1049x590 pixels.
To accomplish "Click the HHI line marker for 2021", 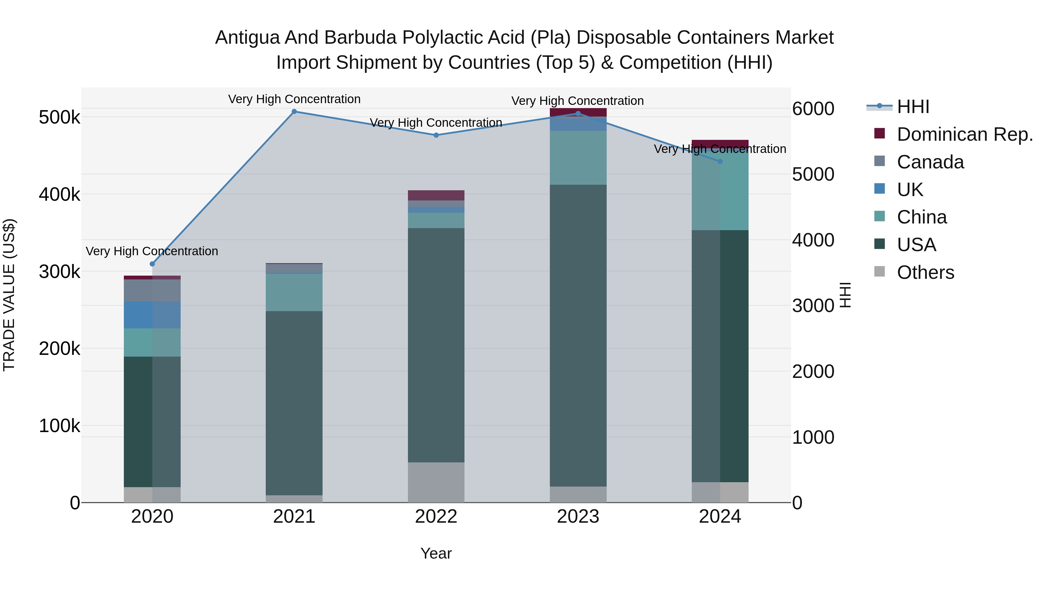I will (x=294, y=112).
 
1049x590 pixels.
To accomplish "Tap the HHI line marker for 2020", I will (x=152, y=264).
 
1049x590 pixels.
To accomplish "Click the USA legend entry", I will (x=916, y=245).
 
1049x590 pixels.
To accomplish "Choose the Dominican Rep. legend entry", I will (x=964, y=134).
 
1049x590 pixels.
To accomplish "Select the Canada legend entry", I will (x=930, y=162).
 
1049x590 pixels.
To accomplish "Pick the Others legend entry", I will (x=925, y=272).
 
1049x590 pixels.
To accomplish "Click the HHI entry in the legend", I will (x=913, y=107).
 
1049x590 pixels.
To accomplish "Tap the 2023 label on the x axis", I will (x=578, y=517).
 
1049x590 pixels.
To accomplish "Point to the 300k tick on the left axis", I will (x=59, y=272).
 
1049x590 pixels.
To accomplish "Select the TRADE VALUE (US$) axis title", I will (x=9, y=295).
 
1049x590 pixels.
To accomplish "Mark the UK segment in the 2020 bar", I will (x=152, y=315).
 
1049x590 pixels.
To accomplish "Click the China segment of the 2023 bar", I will (x=578, y=158).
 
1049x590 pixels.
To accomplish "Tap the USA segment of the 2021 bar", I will (x=294, y=403).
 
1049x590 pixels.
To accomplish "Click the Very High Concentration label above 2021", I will (x=294, y=99).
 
